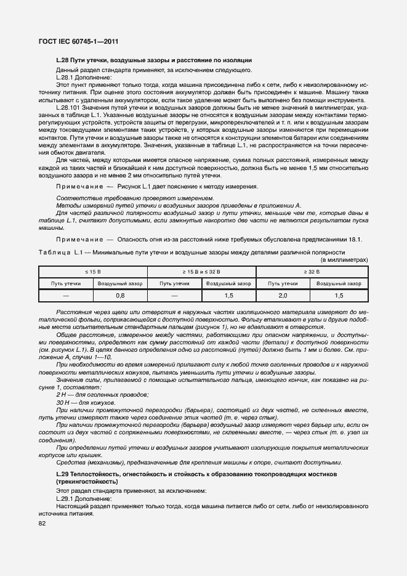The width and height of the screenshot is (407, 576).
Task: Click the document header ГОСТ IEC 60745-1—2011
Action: pos(75,41)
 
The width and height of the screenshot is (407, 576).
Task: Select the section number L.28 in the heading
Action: pos(62,60)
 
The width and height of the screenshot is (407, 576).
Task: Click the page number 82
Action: pos(42,523)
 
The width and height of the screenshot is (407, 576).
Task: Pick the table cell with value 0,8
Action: pos(120,296)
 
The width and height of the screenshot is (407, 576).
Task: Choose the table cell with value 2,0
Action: pos(282,296)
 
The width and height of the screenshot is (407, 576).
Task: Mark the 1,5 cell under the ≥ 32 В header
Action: pos(339,296)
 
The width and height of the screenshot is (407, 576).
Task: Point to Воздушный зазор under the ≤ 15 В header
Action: pos(120,283)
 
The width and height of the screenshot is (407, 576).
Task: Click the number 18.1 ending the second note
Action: pos(354,239)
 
